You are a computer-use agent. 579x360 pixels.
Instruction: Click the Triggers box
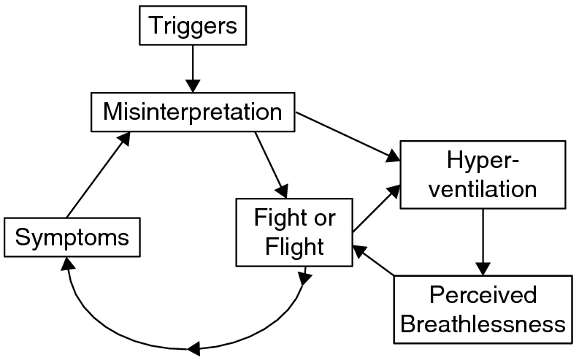(193, 26)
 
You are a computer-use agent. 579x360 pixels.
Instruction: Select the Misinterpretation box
(192, 112)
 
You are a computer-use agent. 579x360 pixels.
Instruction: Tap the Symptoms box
(72, 237)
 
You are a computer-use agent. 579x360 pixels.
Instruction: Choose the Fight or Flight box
(294, 231)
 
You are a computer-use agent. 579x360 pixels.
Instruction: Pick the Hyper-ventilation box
(482, 175)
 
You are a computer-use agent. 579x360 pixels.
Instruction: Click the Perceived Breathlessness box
(483, 310)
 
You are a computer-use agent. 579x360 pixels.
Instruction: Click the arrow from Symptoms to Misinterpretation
(98, 175)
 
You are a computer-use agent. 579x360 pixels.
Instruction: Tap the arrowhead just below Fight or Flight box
(304, 277)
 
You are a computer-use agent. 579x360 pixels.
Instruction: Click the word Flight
(294, 246)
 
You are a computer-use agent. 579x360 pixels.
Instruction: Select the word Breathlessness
(483, 323)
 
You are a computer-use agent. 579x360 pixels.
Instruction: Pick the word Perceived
(483, 296)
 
